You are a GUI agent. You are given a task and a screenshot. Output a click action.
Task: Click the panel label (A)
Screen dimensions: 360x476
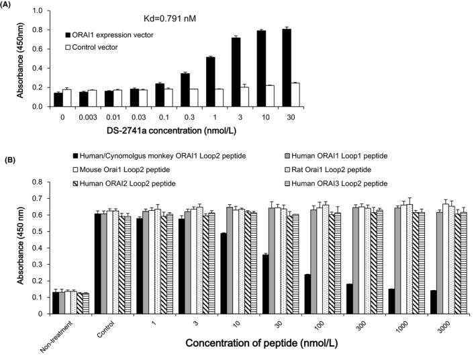9,6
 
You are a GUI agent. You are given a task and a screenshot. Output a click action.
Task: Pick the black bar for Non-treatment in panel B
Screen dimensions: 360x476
56,303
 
